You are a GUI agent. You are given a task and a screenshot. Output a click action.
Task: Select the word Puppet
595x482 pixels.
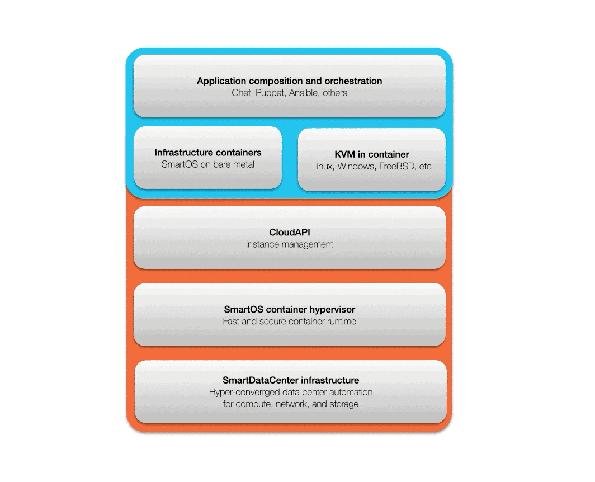[270, 93]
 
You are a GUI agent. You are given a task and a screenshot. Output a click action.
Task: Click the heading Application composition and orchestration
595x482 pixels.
[289, 81]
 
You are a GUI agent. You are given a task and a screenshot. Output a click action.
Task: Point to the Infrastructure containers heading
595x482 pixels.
[208, 153]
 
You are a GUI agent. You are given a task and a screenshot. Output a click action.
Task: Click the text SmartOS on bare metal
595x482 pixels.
[208, 164]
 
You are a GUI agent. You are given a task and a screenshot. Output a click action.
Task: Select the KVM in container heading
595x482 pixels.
[372, 154]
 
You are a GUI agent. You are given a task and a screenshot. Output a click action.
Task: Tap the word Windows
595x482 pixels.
[356, 166]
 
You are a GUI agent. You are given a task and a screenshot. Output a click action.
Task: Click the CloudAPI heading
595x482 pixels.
[290, 232]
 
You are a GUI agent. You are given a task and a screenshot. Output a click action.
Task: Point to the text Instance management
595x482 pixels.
[290, 244]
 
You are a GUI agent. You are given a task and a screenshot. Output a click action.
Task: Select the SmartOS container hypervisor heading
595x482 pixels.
[290, 309]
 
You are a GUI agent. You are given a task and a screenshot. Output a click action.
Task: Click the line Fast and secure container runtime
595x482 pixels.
[290, 322]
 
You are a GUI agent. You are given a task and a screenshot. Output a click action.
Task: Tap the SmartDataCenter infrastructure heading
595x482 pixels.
[291, 380]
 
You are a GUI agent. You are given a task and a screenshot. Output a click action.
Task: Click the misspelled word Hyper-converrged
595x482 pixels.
[243, 393]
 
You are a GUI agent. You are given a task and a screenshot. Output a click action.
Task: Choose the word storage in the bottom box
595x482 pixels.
[344, 404]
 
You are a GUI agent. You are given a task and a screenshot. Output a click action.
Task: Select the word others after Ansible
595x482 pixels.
[334, 93]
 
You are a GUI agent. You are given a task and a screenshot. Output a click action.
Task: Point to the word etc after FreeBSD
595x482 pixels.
[426, 166]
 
